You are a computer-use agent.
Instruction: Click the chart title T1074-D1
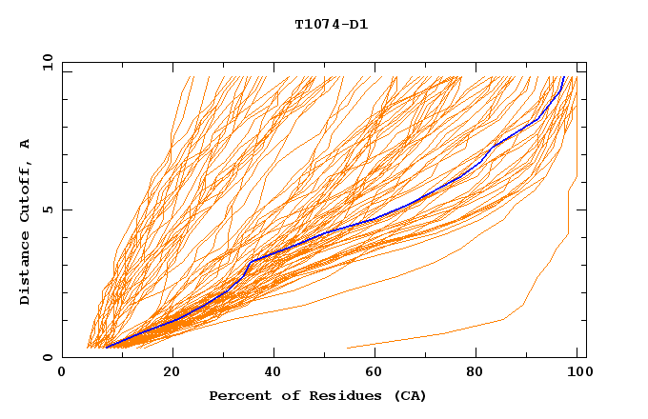[331, 25]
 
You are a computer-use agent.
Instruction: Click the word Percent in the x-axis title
[236, 395]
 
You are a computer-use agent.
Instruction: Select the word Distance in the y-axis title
[25, 269]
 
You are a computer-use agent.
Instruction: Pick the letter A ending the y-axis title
[25, 144]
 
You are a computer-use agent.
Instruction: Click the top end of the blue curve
[564, 77]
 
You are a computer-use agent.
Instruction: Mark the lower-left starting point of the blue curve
[106, 348]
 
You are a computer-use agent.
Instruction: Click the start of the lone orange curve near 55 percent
[347, 348]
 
